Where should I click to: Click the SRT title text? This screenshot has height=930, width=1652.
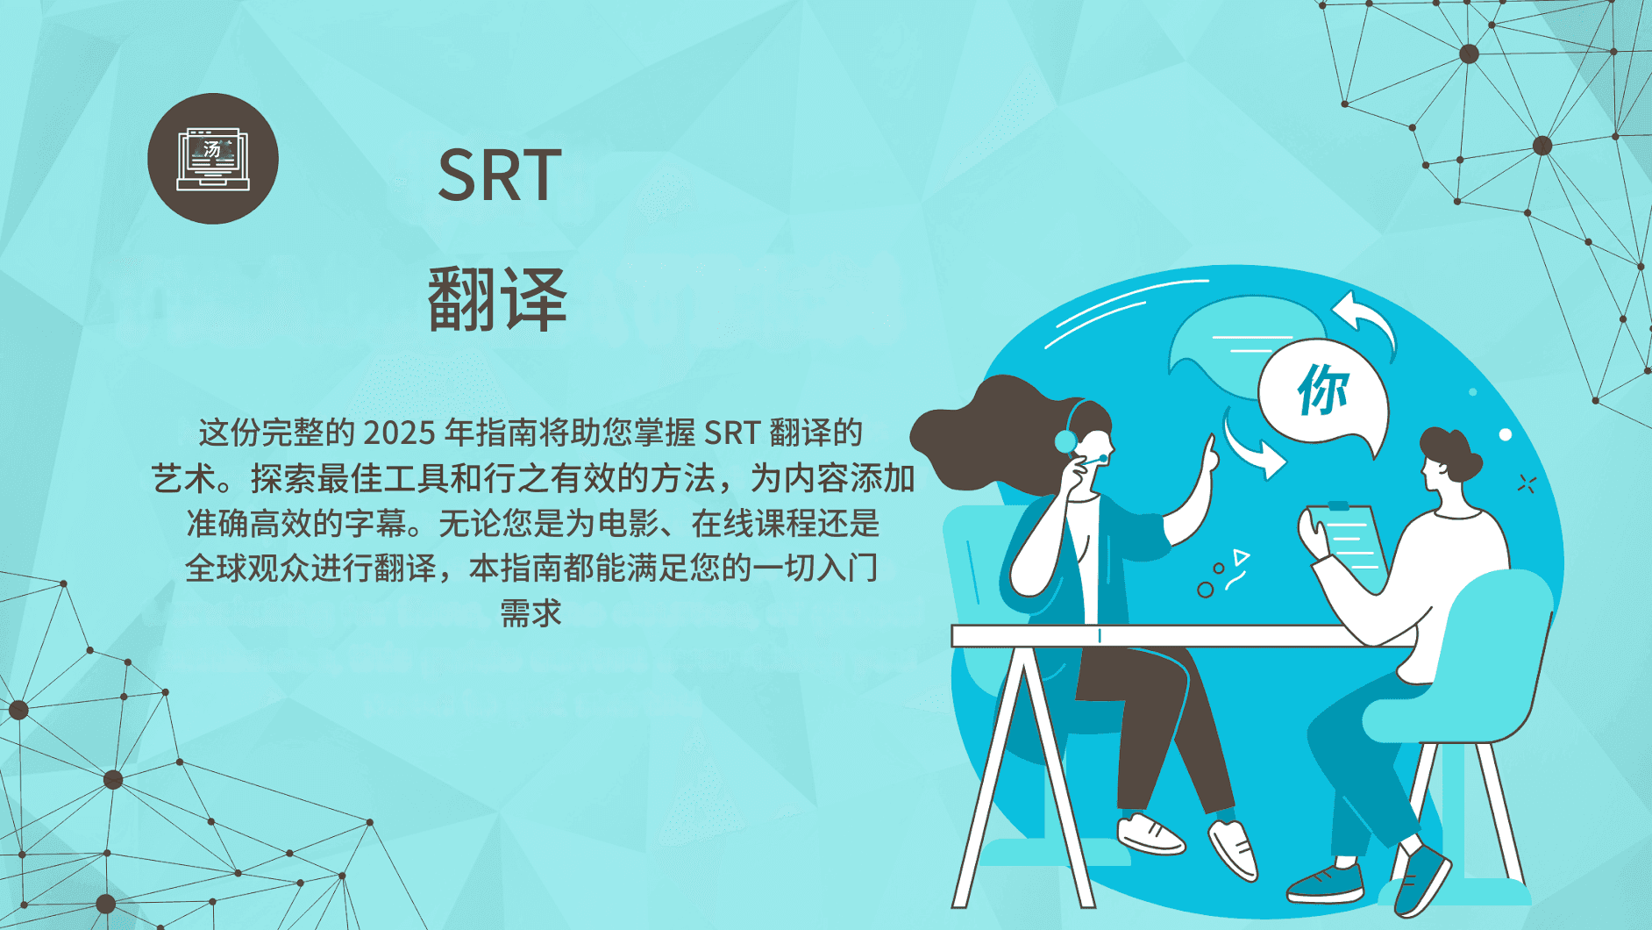click(x=499, y=175)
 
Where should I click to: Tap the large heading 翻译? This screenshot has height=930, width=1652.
click(x=497, y=299)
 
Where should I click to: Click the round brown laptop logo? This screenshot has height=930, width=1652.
click(x=213, y=159)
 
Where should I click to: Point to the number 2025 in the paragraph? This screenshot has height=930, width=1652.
click(x=399, y=433)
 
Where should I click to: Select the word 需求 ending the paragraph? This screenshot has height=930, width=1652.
click(x=530, y=612)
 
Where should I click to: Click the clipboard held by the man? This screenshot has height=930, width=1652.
click(x=1346, y=545)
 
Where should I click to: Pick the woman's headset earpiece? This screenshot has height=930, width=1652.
click(x=1065, y=440)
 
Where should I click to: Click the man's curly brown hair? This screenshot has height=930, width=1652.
click(x=1450, y=451)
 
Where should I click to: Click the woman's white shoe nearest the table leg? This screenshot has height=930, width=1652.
click(x=1150, y=833)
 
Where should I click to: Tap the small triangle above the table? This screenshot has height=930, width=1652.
click(x=1240, y=556)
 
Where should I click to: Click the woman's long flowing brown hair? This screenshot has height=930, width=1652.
click(x=982, y=430)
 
